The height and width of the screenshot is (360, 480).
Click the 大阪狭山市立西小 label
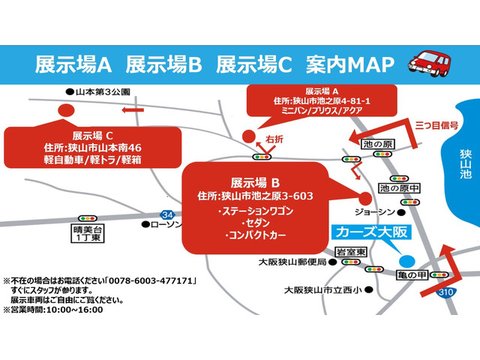point(322,289)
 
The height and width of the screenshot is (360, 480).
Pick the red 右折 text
point(274,139)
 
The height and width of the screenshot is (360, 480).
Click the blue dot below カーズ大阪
point(406,261)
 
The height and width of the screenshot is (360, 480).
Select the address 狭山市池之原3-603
point(265,196)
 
